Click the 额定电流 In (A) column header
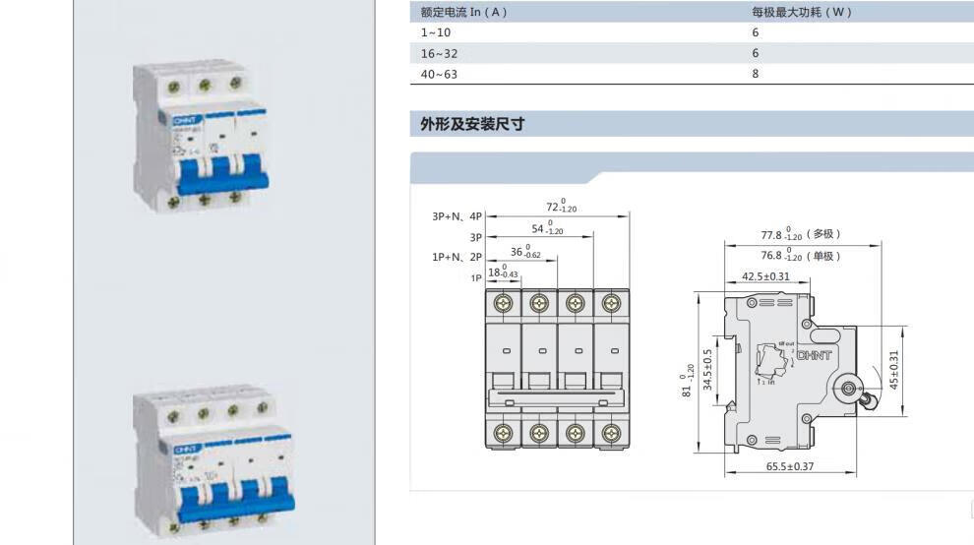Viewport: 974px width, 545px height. pos(463,13)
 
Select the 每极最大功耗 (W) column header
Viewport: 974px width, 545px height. pos(801,13)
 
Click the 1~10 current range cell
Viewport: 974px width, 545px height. pos(437,32)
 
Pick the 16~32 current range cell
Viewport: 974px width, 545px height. pos(439,53)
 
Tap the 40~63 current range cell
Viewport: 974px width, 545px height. pos(439,74)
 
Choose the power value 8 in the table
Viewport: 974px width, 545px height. pos(756,74)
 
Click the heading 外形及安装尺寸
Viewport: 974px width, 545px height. pos(472,124)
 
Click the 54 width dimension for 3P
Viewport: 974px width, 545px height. pos(547,229)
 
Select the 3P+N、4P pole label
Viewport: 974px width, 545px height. pos(457,216)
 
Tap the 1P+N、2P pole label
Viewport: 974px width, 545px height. pos(457,257)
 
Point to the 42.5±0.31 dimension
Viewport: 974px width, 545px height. pos(765,276)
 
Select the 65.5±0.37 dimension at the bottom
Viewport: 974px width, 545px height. pos(790,465)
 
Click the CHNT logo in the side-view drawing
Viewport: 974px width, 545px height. pos(814,355)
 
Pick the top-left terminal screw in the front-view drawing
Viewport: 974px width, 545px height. pos(504,303)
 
